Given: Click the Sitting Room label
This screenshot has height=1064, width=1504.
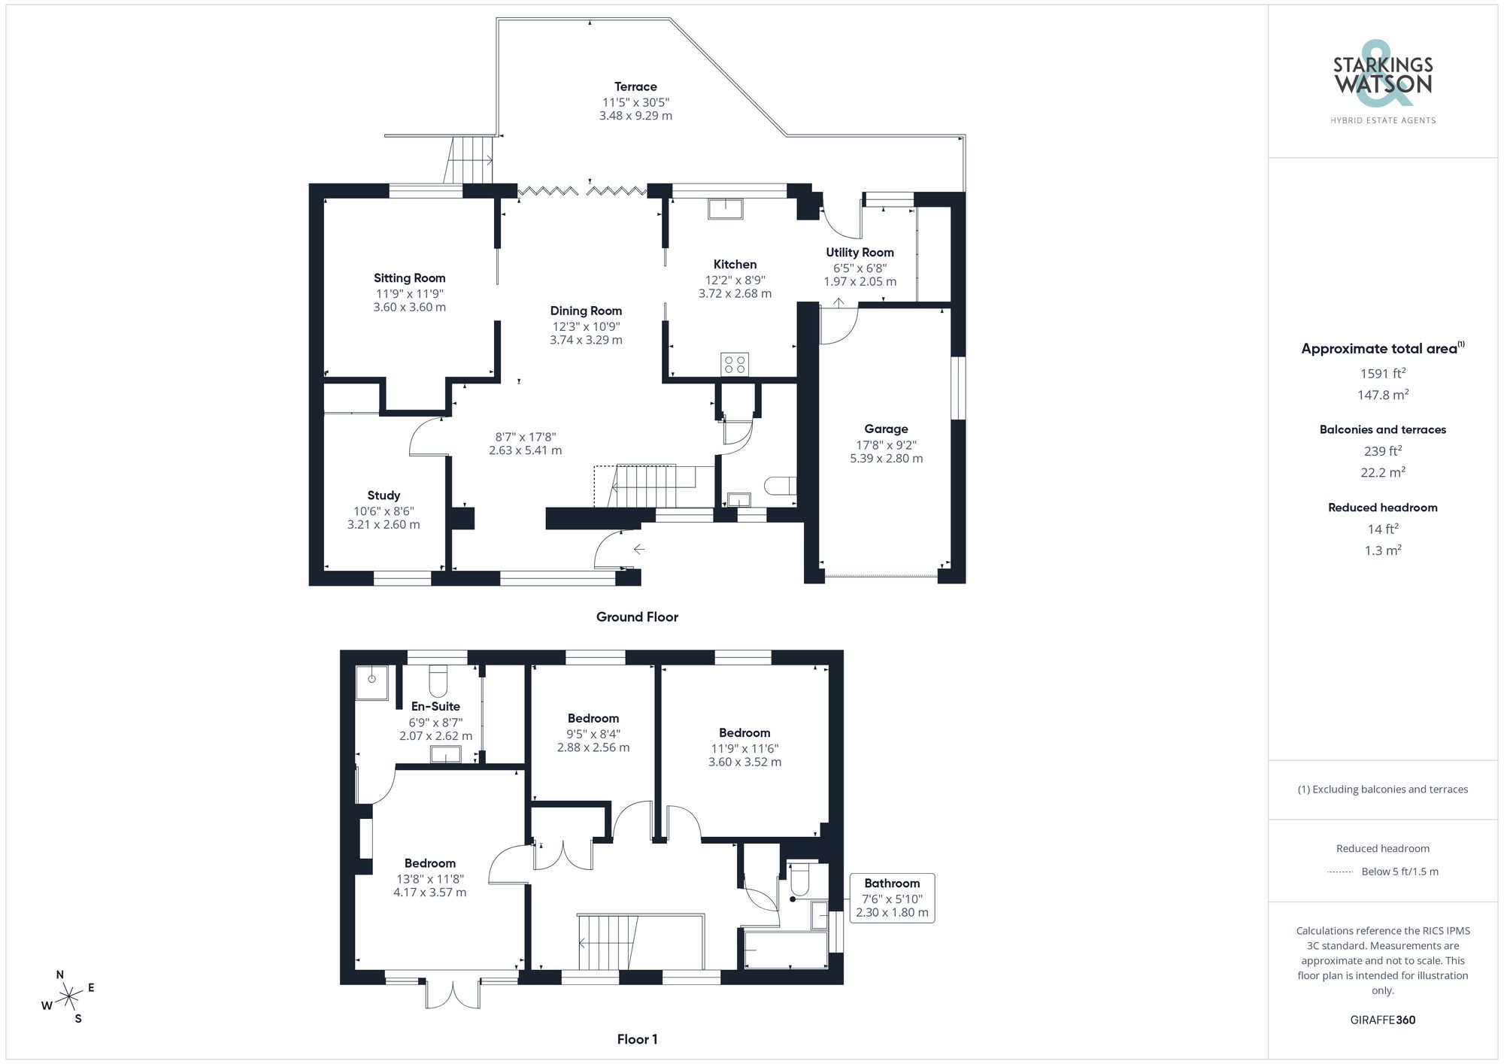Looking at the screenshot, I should click(409, 278).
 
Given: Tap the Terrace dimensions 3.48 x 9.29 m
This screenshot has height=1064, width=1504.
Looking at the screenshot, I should click(635, 116).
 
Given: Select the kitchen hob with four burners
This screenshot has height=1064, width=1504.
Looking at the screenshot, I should click(733, 365).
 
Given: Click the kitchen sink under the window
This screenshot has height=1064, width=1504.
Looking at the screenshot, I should click(725, 208).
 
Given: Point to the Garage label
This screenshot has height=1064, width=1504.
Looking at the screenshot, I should click(886, 429).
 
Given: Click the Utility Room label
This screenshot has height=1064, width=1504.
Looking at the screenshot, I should click(860, 253).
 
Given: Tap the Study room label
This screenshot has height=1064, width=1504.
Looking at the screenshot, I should click(384, 496).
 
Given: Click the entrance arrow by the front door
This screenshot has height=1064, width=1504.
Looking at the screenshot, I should click(638, 550).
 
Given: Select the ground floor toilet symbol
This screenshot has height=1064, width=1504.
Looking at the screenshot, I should click(780, 486).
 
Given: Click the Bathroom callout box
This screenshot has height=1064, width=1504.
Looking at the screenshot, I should click(892, 898).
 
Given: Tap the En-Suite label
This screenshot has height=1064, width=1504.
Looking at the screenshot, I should click(435, 706).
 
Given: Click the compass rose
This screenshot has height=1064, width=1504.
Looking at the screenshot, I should click(68, 997).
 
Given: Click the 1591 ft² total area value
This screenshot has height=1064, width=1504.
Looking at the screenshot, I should click(1382, 373).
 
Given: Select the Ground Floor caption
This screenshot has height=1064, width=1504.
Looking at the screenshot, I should click(637, 617).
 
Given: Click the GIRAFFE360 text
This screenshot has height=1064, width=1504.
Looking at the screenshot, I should click(1382, 1020).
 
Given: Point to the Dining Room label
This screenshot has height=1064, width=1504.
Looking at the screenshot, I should click(586, 311).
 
